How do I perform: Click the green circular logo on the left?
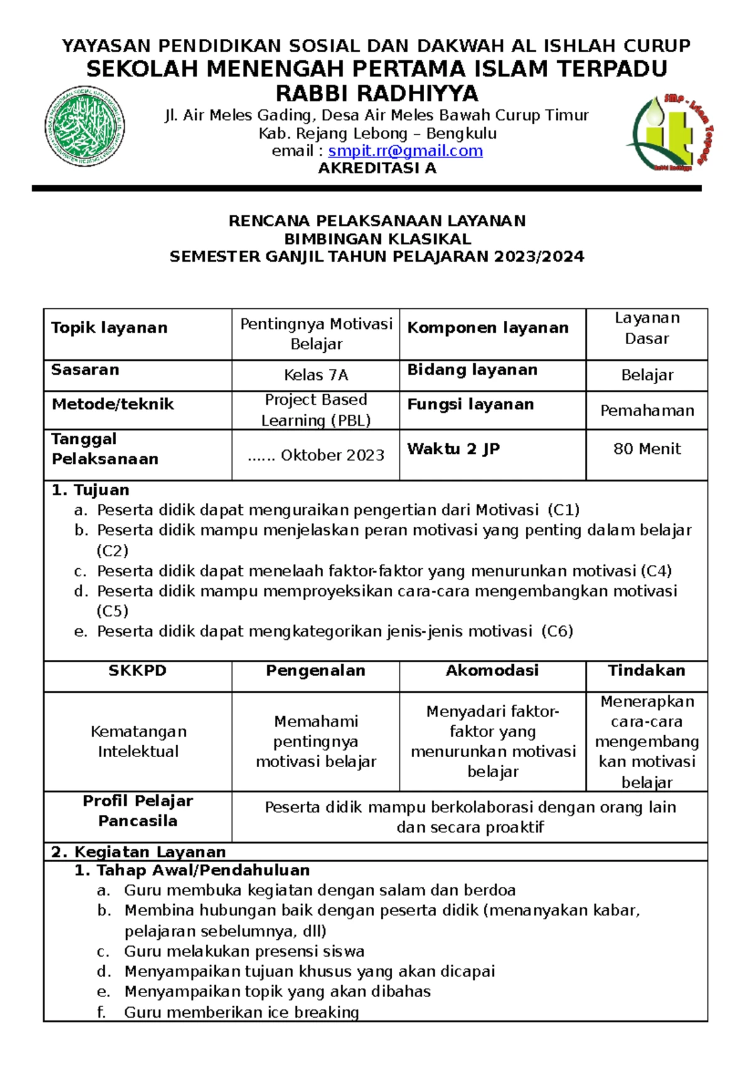[x=85, y=126]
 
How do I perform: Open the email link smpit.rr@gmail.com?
[x=405, y=151]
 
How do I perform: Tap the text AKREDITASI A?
[x=377, y=168]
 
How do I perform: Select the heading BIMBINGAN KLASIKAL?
[x=377, y=239]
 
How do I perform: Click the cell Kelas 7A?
[x=316, y=375]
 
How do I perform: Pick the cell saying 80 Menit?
[x=646, y=448]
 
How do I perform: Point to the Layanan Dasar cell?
[x=646, y=328]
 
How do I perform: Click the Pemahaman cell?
[x=646, y=411]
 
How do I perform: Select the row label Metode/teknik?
[x=112, y=404]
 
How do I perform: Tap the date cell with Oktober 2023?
[x=316, y=455]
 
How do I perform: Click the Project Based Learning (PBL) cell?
[x=316, y=410]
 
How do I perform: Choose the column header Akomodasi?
[x=492, y=670]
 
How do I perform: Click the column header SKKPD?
[x=137, y=670]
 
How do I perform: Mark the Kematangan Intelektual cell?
[x=138, y=741]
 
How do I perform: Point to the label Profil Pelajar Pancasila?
[x=137, y=810]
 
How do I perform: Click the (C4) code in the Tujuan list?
[x=656, y=571]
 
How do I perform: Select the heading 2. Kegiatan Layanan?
[x=138, y=852]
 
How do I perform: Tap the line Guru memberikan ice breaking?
[x=241, y=1012]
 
